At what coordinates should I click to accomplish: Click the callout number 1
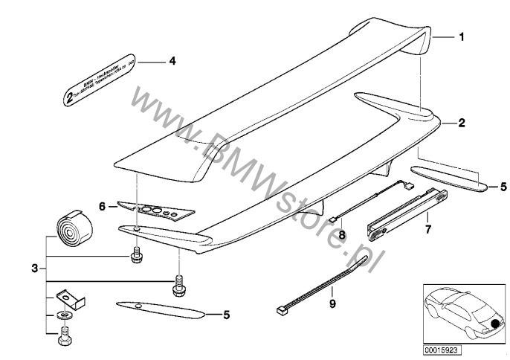[x=462, y=36]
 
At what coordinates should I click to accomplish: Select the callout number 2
[x=462, y=124]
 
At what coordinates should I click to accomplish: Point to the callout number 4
[x=172, y=62]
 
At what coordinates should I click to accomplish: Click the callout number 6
[x=102, y=206]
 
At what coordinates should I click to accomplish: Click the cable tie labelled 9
[x=312, y=283]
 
